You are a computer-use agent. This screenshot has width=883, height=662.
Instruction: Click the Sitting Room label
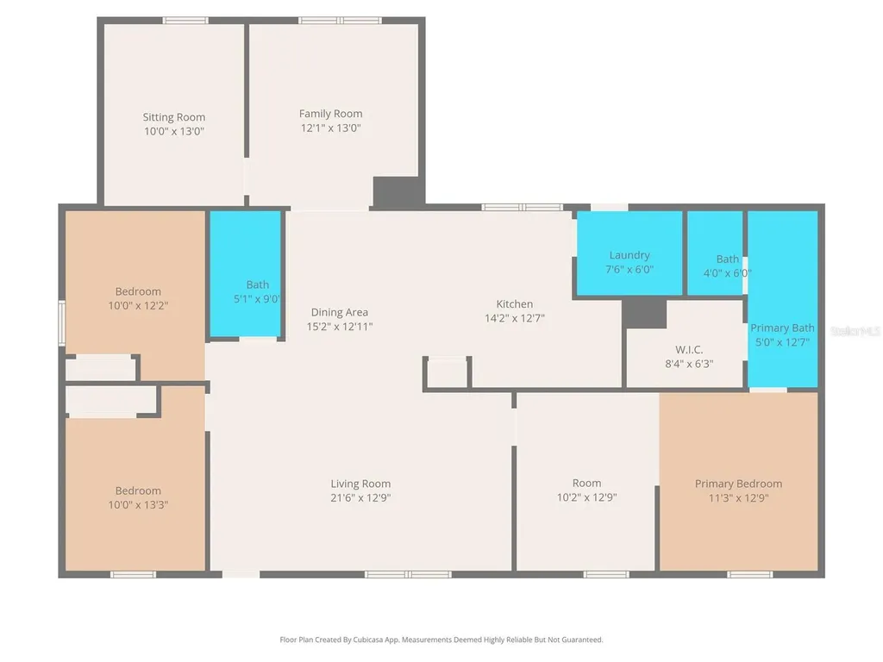[173, 117]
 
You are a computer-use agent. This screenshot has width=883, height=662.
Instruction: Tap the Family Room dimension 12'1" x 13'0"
[330, 128]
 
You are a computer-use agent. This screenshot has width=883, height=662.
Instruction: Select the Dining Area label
[340, 312]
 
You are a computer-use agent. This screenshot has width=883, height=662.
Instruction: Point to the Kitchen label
[515, 304]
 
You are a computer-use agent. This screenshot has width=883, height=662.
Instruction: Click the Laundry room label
[629, 255]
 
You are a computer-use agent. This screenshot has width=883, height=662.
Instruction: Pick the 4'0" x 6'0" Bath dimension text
[727, 273]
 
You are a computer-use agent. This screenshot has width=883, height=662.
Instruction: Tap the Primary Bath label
[782, 328]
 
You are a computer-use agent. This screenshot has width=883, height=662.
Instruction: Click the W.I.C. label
[689, 350]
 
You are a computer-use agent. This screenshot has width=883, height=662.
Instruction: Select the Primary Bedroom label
[738, 484]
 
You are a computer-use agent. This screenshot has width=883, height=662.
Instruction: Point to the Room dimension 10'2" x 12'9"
[586, 497]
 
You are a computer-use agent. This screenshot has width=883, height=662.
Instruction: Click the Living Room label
[360, 484]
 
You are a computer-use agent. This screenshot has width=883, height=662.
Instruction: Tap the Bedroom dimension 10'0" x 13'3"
[138, 505]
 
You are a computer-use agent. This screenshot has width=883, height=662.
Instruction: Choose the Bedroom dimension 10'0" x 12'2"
[138, 306]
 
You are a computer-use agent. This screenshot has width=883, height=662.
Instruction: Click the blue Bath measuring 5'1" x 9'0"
[246, 275]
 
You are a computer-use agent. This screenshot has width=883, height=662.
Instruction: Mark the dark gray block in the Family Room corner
[398, 192]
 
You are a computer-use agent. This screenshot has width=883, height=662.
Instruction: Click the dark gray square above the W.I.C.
[643, 312]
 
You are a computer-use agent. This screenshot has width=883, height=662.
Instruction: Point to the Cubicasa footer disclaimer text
[441, 640]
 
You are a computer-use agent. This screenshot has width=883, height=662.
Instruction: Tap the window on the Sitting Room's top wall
[185, 21]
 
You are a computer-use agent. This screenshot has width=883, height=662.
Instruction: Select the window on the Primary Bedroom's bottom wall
[750, 575]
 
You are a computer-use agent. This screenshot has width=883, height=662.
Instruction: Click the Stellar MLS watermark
[855, 332]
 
